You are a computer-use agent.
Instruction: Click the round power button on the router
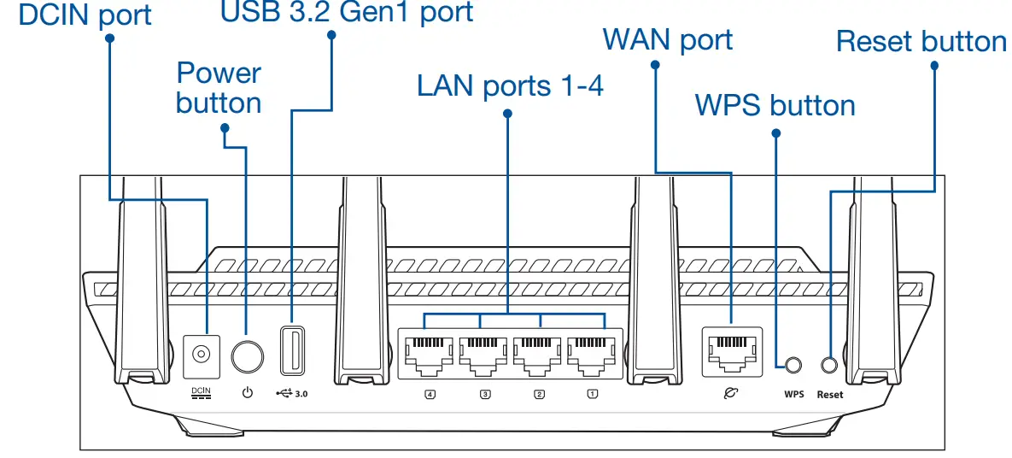[248, 355]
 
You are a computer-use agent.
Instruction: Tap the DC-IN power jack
[202, 355]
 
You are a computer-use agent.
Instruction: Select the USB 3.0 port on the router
[291, 349]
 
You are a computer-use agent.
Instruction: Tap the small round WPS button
[793, 364]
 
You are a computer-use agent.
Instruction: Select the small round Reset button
[828, 364]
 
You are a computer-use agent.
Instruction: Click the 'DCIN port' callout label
[85, 15]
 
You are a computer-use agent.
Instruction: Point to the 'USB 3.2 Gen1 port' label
[346, 12]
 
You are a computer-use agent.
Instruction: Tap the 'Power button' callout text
[219, 88]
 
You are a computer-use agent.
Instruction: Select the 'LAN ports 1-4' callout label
[510, 85]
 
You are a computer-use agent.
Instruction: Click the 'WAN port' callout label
[667, 39]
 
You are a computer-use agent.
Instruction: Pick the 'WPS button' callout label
[775, 105]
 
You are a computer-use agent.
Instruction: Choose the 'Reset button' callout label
[921, 41]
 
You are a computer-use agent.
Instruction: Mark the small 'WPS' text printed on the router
[793, 395]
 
